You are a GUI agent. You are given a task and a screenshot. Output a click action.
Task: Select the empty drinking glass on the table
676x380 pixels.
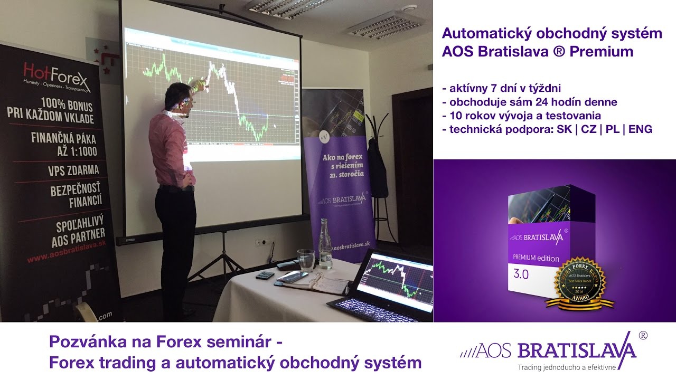pyautogui.click(x=306, y=260)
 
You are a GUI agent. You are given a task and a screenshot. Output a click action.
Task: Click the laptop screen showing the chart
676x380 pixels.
pyautogui.click(x=394, y=277)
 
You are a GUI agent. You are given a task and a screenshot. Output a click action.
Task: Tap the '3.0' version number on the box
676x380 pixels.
pyautogui.click(x=521, y=274)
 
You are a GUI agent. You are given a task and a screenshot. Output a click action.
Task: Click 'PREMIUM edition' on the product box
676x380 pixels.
pyautogui.click(x=536, y=258)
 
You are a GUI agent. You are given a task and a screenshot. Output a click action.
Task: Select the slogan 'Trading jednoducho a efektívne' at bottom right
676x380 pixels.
pyautogui.click(x=566, y=366)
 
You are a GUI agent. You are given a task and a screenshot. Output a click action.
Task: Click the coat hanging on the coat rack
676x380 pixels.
pyautogui.click(x=377, y=169)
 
